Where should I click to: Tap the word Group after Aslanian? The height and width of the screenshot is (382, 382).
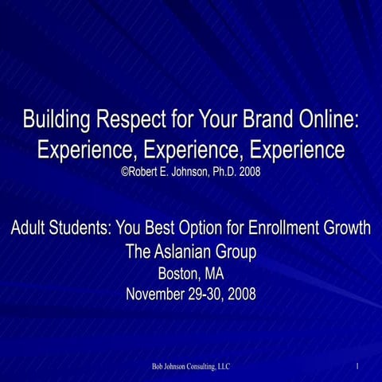pos(237,252)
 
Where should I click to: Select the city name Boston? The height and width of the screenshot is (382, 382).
pos(180,274)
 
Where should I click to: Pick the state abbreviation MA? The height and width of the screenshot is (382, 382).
pos(214,274)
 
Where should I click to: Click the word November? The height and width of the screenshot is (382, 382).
pos(159,294)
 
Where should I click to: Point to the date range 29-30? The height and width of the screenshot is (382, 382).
pos(211,294)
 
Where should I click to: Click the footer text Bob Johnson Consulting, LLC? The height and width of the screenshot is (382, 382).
pos(191,367)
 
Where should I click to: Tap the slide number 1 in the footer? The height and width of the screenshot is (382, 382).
pos(359,367)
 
